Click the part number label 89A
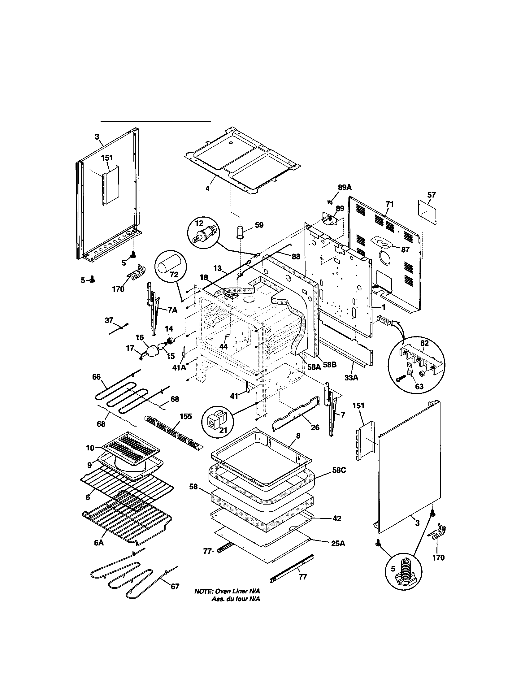[345, 187]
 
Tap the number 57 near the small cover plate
[432, 195]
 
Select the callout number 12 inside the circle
[199, 223]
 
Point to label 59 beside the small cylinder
[259, 225]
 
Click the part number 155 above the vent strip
[186, 417]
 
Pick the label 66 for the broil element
[96, 377]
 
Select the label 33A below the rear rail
[351, 378]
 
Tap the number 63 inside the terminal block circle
[419, 386]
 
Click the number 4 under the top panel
[207, 188]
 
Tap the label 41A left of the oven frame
[179, 367]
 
